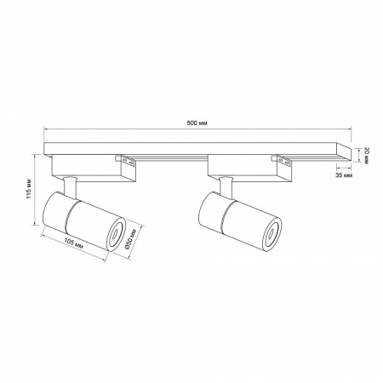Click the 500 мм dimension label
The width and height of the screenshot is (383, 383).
pos(195,123)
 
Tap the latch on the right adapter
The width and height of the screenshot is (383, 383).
pos(281,159)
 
